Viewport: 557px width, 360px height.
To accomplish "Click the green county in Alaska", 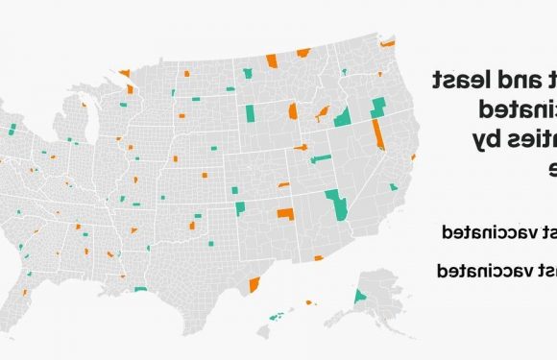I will (361, 297).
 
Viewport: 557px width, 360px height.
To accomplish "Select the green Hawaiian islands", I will (278, 315).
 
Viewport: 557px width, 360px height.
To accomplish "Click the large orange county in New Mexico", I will (285, 214).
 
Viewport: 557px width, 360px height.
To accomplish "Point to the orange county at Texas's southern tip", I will (255, 285).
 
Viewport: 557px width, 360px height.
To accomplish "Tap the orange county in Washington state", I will (388, 43).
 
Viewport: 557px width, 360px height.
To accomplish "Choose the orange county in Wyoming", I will (292, 112).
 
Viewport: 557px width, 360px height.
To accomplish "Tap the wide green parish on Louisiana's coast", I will (141, 289).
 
